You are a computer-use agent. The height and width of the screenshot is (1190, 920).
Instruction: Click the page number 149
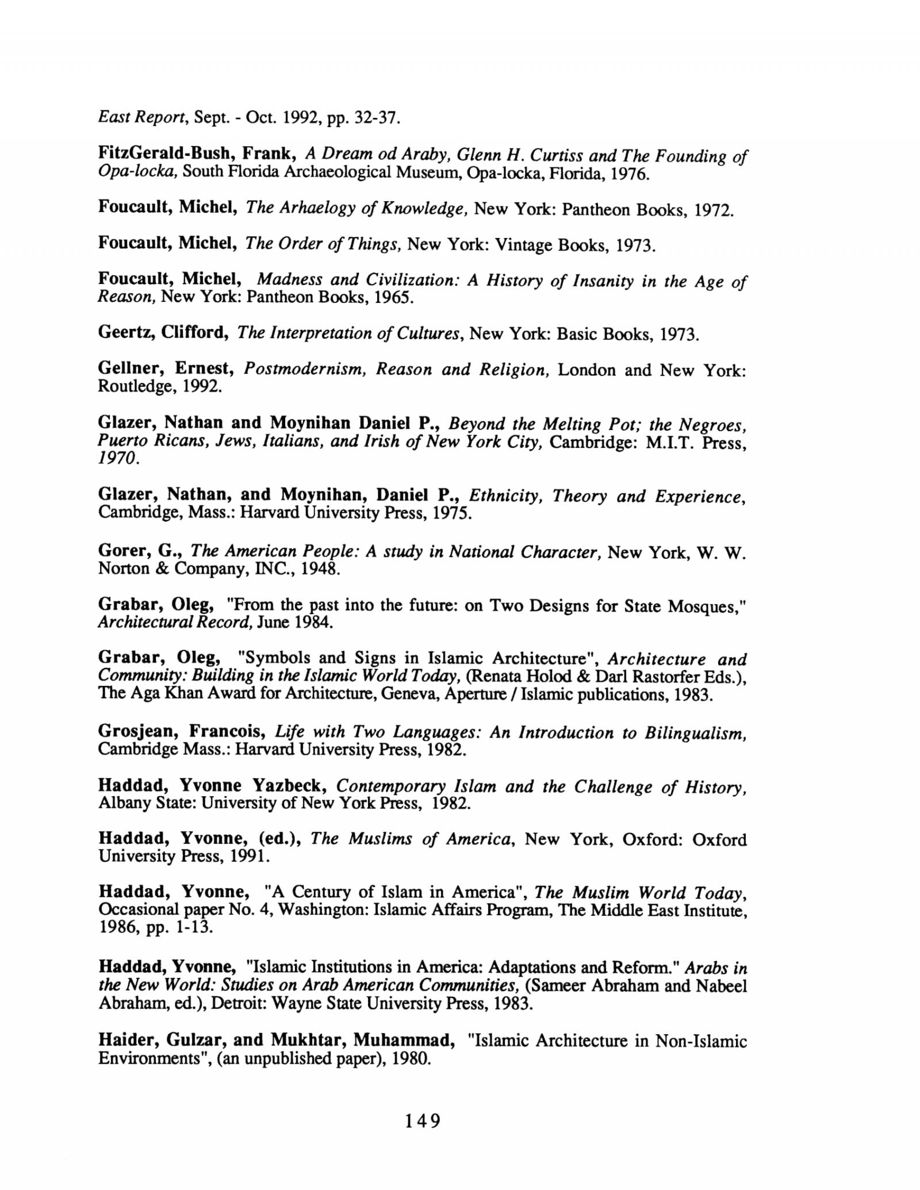point(422,1120)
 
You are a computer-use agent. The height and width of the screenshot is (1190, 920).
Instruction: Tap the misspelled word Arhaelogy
point(317,208)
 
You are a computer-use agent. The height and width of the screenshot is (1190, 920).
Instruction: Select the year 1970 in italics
point(118,458)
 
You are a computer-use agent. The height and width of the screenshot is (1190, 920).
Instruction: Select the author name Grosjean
point(139,732)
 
